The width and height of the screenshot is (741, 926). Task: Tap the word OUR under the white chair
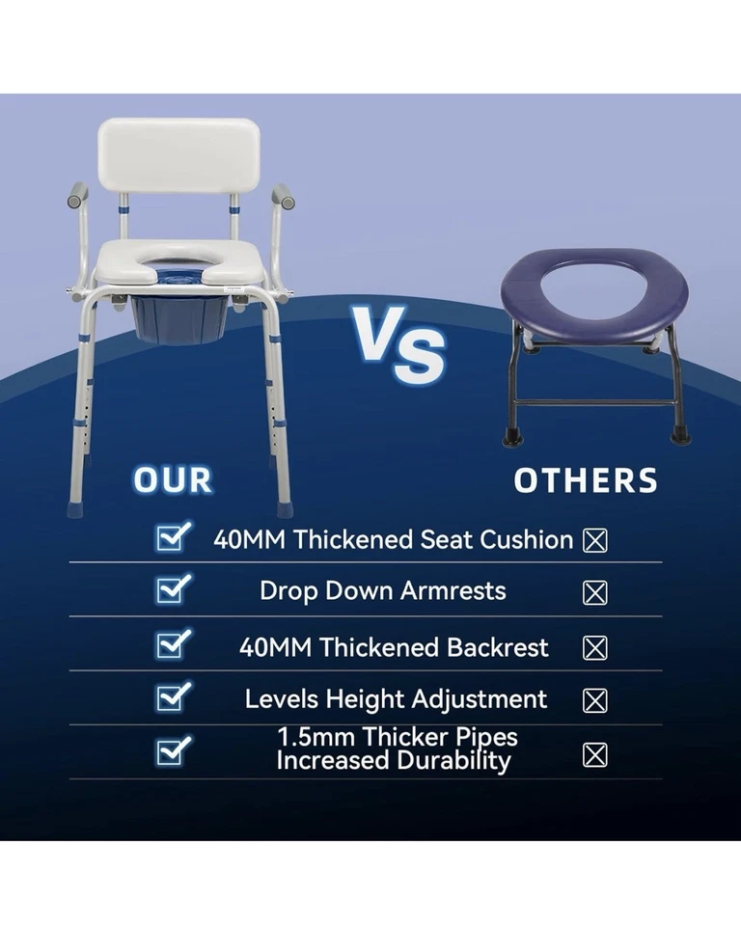(173, 479)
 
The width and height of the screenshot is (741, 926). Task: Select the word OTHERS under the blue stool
(586, 479)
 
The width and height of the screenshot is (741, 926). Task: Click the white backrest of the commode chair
(178, 155)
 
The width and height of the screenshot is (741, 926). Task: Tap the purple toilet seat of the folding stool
(592, 289)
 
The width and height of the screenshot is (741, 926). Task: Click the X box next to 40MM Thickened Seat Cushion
(595, 540)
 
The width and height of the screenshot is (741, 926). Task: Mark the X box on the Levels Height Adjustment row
(595, 699)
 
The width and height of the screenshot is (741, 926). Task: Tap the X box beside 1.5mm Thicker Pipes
(595, 754)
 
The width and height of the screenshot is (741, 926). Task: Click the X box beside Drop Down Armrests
(595, 592)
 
